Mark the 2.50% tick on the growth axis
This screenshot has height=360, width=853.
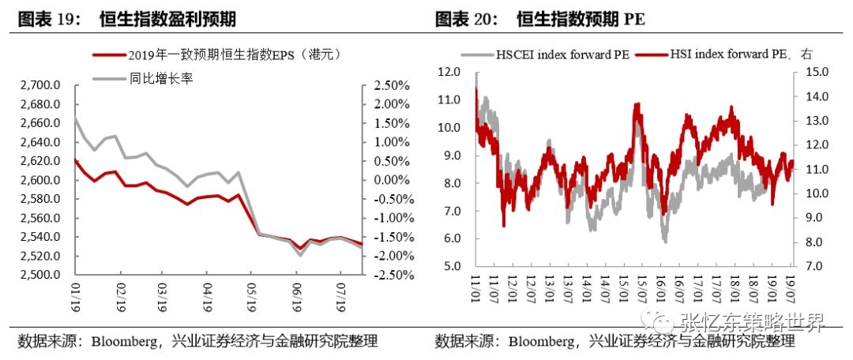pyautogui.click(x=387, y=85)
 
